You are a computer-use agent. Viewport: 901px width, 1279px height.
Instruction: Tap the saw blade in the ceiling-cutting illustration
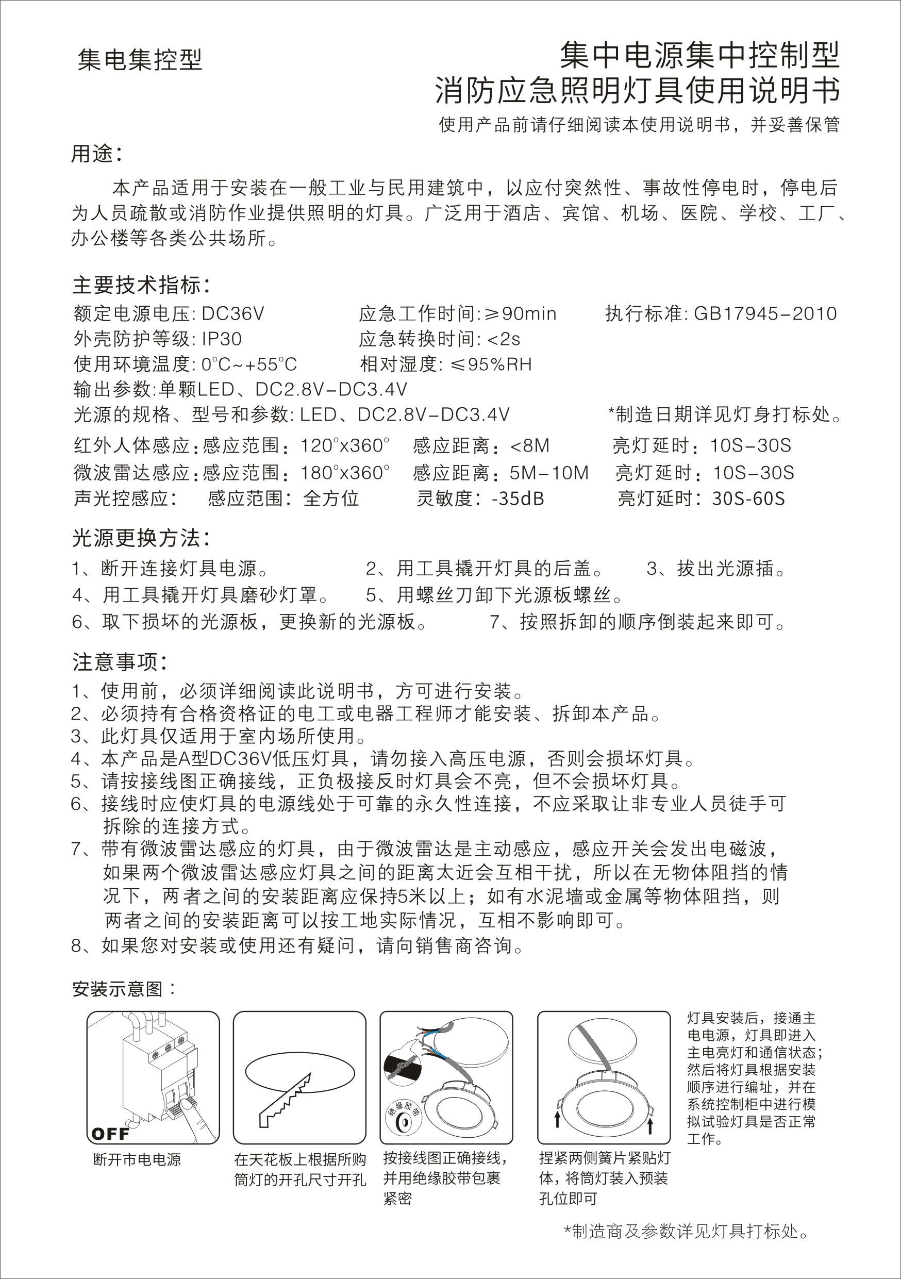coord(284,1097)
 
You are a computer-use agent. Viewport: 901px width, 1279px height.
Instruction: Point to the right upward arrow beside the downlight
coord(650,1122)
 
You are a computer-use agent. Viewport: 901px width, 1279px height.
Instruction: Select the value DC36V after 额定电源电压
coord(233,313)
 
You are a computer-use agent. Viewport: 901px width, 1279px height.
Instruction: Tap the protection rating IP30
coord(221,339)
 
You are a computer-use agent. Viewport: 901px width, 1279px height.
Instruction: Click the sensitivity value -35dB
coord(518,498)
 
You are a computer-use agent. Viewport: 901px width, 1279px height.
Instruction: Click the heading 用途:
coord(96,154)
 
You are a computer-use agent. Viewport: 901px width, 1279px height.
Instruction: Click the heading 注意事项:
coord(120,662)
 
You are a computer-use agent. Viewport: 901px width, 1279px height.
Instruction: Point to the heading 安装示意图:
coord(125,989)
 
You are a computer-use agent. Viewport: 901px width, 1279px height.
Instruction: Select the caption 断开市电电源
coord(137,1160)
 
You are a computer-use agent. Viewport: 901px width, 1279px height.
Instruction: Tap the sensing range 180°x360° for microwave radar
coord(345,472)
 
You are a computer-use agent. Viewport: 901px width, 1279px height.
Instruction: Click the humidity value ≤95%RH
coord(491,364)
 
